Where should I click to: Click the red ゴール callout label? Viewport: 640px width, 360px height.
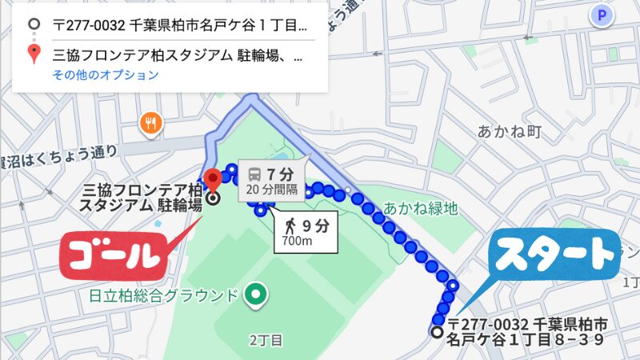pos(112,255)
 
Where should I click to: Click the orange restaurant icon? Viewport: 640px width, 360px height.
pos(150,123)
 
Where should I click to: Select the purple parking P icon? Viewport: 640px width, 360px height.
pos(600,14)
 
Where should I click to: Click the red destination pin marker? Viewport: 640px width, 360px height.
pos(212,178)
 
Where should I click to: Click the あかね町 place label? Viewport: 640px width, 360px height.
pos(510,131)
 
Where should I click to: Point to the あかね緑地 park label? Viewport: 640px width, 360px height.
pos(420,209)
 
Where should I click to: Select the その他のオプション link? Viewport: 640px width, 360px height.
pos(106,75)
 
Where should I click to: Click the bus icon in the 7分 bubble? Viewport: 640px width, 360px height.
pos(254,174)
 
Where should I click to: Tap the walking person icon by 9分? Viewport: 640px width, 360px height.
pos(286,225)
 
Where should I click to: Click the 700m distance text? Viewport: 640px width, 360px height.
pos(297,241)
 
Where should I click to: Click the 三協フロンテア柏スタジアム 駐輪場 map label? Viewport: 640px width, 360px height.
pos(144,197)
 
